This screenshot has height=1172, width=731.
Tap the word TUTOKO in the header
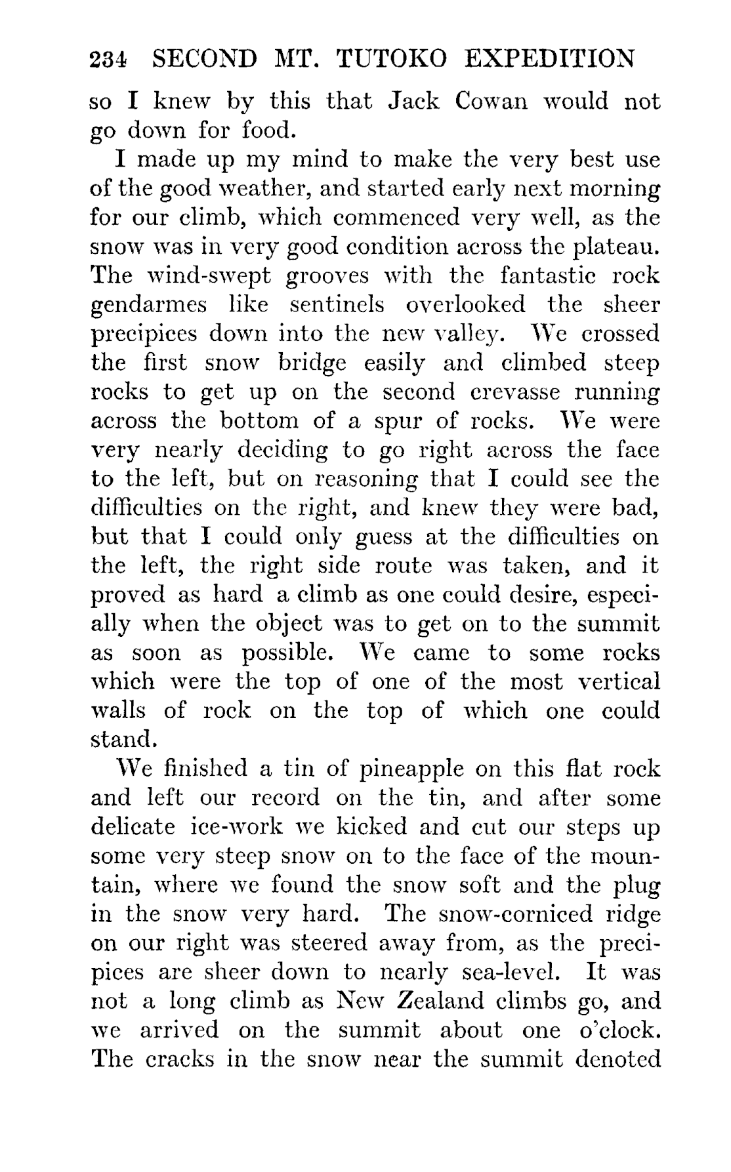tap(391, 60)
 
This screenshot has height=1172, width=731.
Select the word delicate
tap(133, 826)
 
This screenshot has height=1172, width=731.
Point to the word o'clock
tap(619, 1030)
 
